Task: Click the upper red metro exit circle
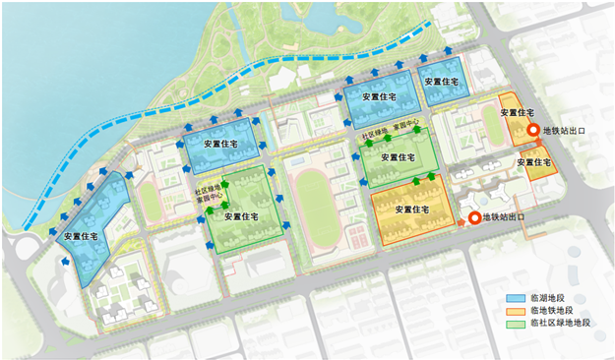tap(532, 130)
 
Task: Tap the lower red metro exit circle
tap(473, 217)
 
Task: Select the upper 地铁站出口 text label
tap(566, 130)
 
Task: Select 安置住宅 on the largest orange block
tap(412, 210)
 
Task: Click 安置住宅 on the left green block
tap(242, 216)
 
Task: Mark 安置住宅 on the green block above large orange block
tap(399, 157)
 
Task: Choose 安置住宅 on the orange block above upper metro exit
tap(518, 113)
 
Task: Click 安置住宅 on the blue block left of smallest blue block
tap(378, 97)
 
